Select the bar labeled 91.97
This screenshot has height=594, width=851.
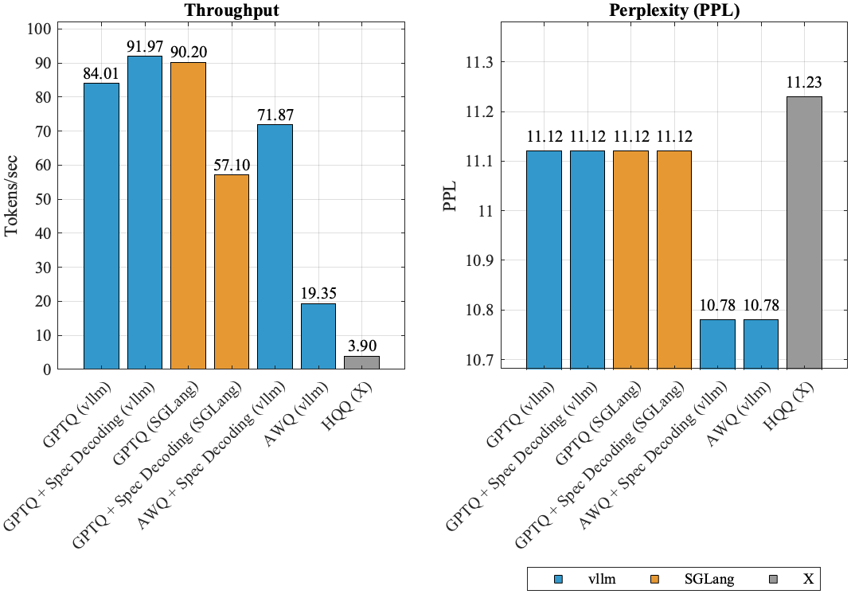[144, 213]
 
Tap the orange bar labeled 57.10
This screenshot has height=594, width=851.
[231, 272]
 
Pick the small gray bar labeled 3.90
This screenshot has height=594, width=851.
[361, 362]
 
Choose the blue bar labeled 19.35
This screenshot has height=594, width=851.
[318, 336]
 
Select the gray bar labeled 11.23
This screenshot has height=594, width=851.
[804, 233]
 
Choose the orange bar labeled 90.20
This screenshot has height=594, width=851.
[188, 216]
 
